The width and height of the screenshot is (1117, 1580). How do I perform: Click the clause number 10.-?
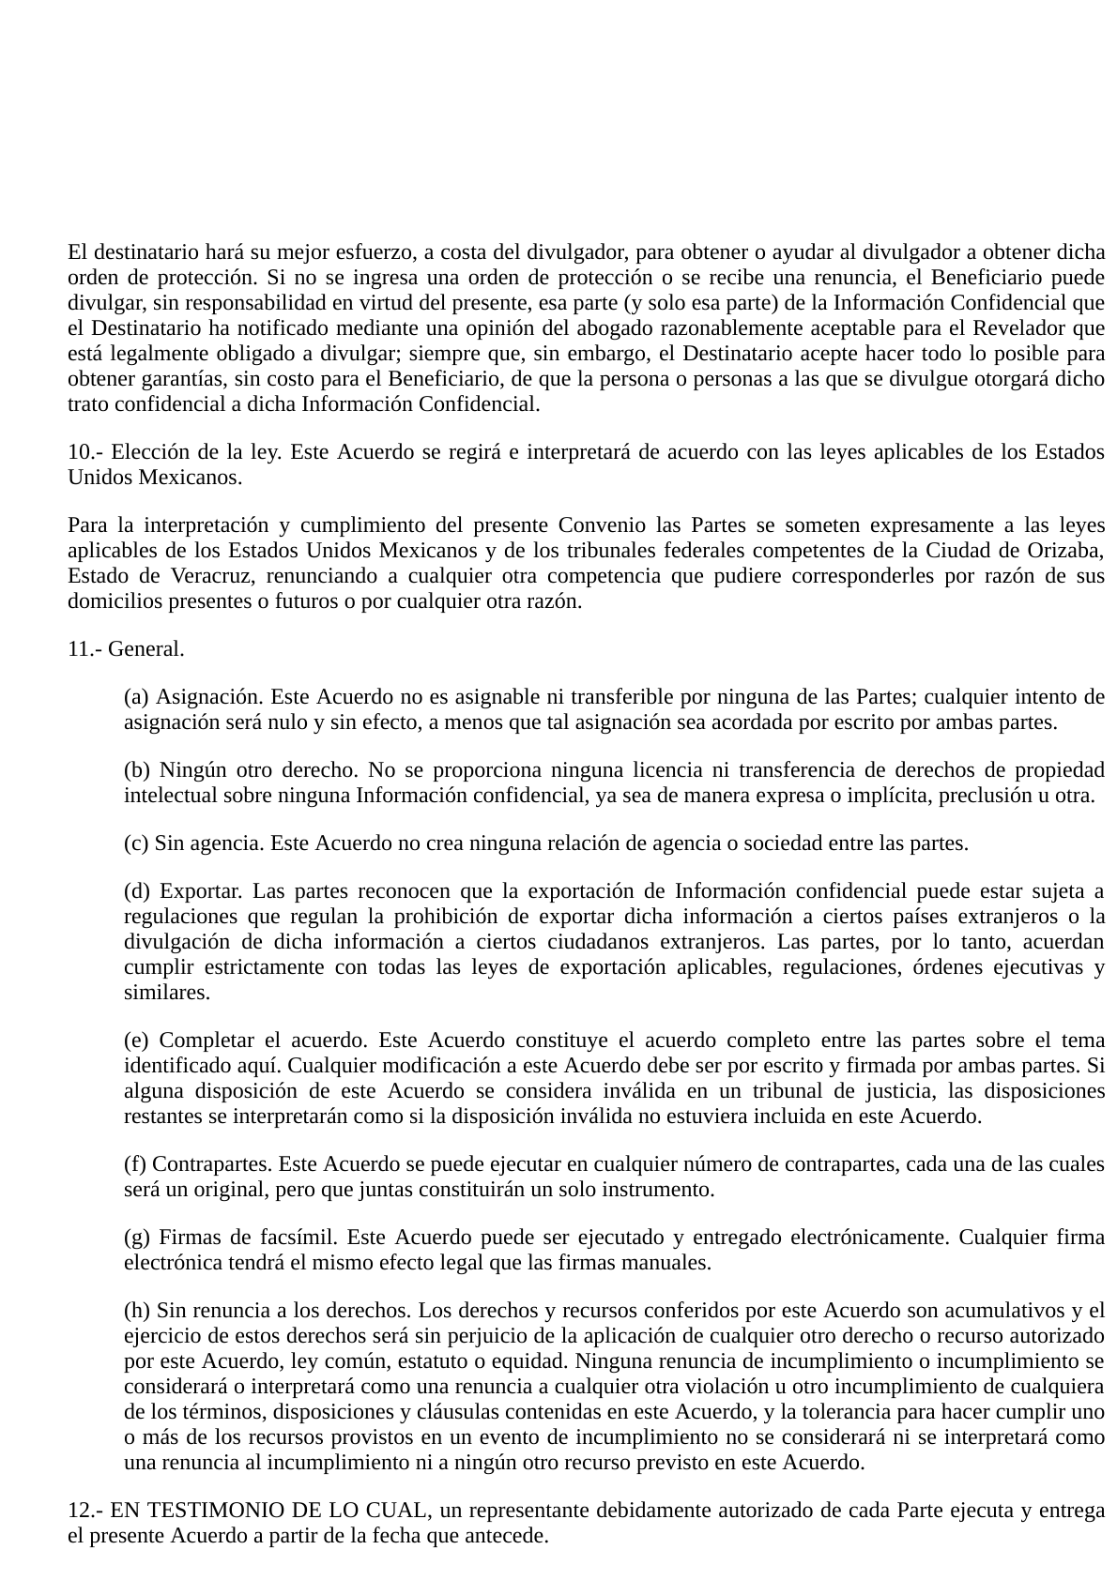(x=84, y=452)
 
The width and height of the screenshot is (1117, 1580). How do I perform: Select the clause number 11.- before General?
(x=84, y=649)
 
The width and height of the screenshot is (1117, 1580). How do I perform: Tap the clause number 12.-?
(x=84, y=1511)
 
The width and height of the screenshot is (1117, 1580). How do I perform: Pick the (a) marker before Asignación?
(x=136, y=697)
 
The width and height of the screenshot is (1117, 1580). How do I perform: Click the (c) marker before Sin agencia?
(x=136, y=843)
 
